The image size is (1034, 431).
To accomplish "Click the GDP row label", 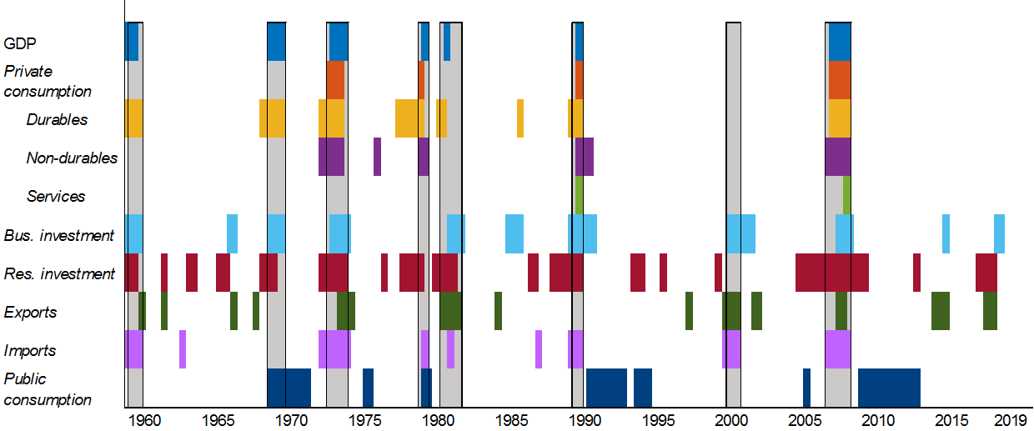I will [x=20, y=43].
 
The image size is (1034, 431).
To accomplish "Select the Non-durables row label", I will [x=72, y=158].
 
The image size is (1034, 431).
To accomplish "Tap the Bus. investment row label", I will [x=58, y=235].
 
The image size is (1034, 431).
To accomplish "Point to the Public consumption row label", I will [x=48, y=389].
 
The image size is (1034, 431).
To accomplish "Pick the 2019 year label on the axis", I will [x=1009, y=419].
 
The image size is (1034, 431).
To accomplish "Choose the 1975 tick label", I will [x=364, y=419].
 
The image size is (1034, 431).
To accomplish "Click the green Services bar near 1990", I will [x=579, y=195].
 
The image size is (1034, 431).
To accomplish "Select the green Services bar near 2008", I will [x=846, y=195].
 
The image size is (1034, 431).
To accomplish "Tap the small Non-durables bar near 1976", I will [x=377, y=157].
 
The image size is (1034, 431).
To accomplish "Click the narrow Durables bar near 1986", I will [x=520, y=118].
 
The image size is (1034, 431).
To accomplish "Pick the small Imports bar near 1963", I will [x=183, y=349].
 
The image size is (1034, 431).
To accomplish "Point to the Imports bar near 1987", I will [x=539, y=349].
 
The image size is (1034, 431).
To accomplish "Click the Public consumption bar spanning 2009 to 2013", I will [x=889, y=388].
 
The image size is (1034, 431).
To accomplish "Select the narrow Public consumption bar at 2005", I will [x=806, y=388].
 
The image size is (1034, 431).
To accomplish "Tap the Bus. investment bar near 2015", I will [x=946, y=234].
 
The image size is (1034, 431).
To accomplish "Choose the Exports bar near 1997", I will [x=689, y=311].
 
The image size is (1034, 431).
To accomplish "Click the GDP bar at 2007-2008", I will [x=839, y=42].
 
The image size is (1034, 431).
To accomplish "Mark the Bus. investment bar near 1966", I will [x=232, y=234].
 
